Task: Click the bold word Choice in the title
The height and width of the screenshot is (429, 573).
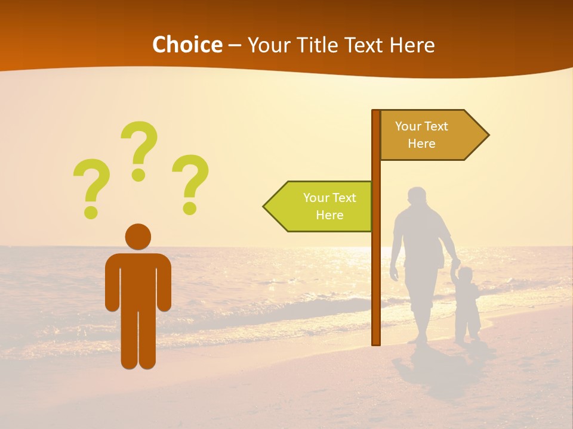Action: pyautogui.click(x=187, y=45)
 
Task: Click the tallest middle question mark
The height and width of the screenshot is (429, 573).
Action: pyautogui.click(x=139, y=149)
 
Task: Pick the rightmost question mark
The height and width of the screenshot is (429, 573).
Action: pyautogui.click(x=190, y=182)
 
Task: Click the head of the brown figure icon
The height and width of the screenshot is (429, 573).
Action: pyautogui.click(x=138, y=237)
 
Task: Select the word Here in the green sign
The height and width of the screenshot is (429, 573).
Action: pyautogui.click(x=329, y=215)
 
